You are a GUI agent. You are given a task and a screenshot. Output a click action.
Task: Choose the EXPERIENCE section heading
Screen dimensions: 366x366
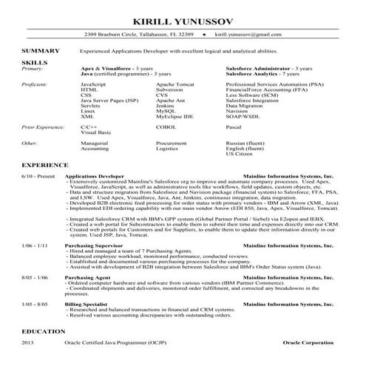coord(45,164)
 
